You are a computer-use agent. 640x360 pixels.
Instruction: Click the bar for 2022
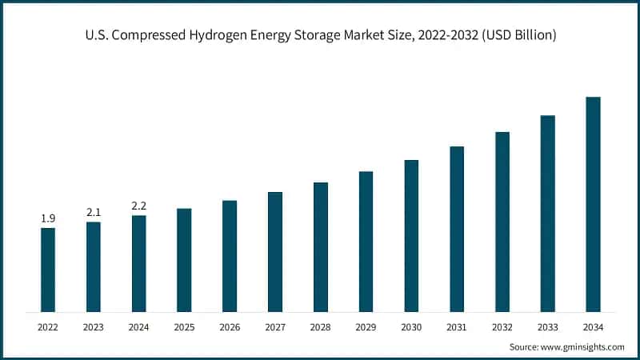48,270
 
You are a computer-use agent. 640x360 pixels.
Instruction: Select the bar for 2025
184,260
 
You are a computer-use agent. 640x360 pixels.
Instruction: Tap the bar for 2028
321,246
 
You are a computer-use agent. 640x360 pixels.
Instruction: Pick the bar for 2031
457,229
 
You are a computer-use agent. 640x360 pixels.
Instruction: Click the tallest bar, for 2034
593,204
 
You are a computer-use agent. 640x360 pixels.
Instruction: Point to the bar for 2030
411,235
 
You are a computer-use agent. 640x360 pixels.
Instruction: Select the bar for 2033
547,214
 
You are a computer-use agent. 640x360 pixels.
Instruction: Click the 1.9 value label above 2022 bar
48,218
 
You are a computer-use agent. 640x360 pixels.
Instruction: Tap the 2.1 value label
94,212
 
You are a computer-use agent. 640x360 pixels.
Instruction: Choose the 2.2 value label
139,206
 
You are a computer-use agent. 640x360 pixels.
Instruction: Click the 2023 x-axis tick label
94,327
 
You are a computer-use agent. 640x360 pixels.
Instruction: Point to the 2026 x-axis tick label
230,327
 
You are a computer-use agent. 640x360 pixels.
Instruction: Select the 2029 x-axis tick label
366,327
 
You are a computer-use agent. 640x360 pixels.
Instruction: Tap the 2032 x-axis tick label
502,327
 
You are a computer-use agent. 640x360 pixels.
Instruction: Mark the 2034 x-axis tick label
593,327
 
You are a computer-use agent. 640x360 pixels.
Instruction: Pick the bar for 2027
275,251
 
